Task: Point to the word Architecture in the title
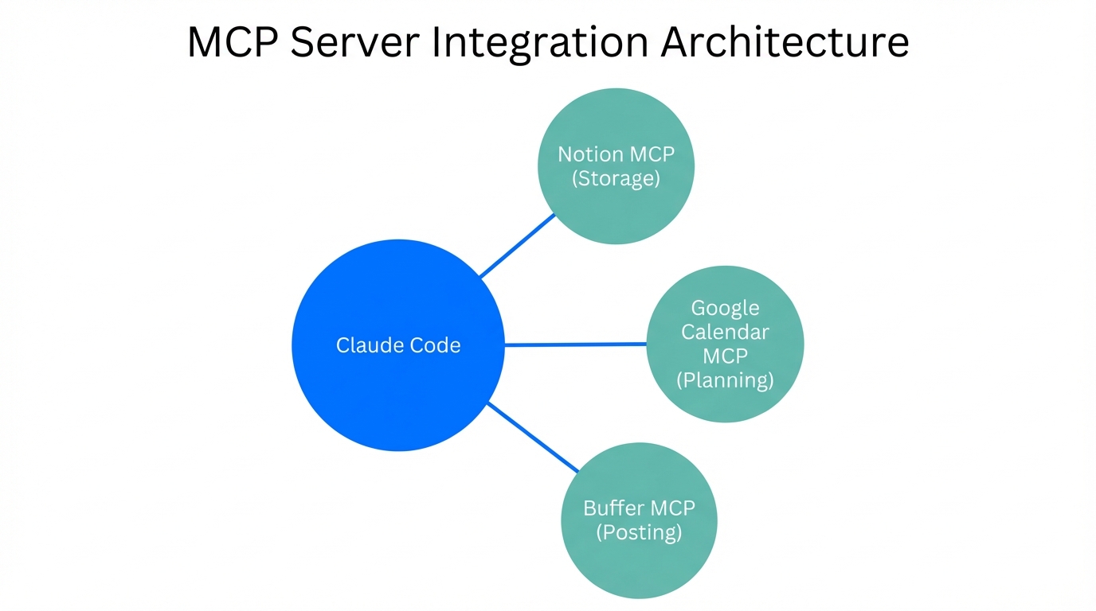[785, 42]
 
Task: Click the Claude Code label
[398, 345]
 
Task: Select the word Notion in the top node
[586, 154]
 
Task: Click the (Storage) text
[616, 178]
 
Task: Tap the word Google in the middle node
[725, 308]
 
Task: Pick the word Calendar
[725, 332]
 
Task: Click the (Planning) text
[725, 380]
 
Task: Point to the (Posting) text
[639, 531]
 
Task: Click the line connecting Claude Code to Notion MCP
[518, 244]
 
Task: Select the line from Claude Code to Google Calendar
[575, 344]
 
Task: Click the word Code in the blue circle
[435, 345]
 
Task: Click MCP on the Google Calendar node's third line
[725, 356]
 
